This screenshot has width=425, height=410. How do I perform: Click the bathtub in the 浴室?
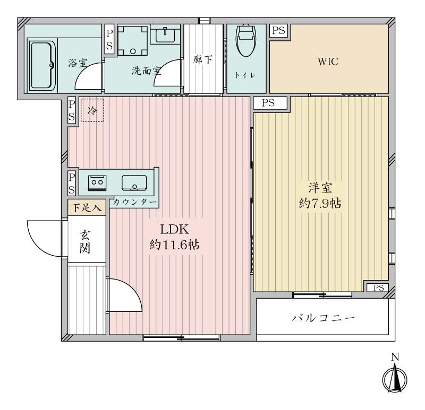pyautogui.click(x=42, y=65)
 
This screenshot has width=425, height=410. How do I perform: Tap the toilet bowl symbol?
pyautogui.click(x=246, y=41)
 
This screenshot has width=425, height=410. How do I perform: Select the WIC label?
pyautogui.click(x=328, y=62)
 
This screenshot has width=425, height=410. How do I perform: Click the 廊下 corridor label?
pyautogui.click(x=203, y=59)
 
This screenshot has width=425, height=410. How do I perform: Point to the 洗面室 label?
pyautogui.click(x=147, y=71)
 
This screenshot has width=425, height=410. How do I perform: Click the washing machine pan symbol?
pyautogui.click(x=133, y=41)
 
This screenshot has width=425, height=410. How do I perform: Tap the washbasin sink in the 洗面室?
pyautogui.click(x=165, y=34)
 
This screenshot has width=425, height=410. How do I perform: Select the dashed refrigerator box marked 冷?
pyautogui.click(x=92, y=110)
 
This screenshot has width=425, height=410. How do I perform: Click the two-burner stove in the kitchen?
pyautogui.click(x=97, y=183)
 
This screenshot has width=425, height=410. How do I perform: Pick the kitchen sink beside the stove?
pyautogui.click(x=134, y=182)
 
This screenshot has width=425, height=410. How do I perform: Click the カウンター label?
pyautogui.click(x=135, y=202)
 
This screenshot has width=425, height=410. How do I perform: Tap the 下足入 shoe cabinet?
pyautogui.click(x=87, y=207)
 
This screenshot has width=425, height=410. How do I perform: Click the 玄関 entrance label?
pyautogui.click(x=85, y=242)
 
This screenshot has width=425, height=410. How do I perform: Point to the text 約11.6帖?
pyautogui.click(x=175, y=245)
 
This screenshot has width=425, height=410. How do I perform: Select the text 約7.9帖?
pyautogui.click(x=320, y=203)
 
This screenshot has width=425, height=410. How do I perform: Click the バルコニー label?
pyautogui.click(x=323, y=318)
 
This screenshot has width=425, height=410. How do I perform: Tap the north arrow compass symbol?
pyautogui.click(x=395, y=378)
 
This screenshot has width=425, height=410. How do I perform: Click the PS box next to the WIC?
pyautogui.click(x=278, y=31)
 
